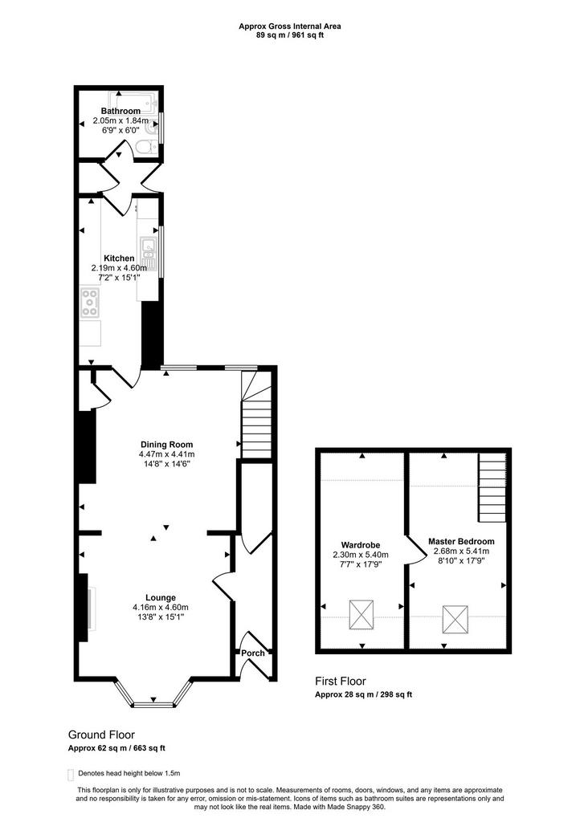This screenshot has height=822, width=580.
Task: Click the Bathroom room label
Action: click(120, 111)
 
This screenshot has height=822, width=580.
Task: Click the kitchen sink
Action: click(149, 254)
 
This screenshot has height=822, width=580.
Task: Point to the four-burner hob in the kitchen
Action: click(90, 303)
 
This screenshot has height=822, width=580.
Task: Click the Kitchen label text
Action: click(119, 258)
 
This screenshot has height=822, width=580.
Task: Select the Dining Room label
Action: click(167, 445)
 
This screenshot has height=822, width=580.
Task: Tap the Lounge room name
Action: click(161, 597)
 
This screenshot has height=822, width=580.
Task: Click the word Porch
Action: click(253, 653)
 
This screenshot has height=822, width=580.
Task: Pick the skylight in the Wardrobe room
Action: click(361, 614)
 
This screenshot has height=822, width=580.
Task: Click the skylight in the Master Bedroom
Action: click(455, 619)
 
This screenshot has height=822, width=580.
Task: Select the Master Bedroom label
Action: click(461, 542)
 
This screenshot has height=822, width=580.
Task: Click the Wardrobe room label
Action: click(360, 545)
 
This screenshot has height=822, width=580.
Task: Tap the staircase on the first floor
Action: click(492, 487)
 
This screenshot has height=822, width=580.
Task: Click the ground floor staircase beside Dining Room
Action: click(256, 415)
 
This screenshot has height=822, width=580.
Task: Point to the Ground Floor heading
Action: click(101, 735)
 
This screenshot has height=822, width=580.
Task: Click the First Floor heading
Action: click(341, 682)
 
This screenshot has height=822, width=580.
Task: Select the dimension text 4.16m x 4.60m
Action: click(161, 608)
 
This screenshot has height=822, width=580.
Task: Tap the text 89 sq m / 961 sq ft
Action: click(290, 35)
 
